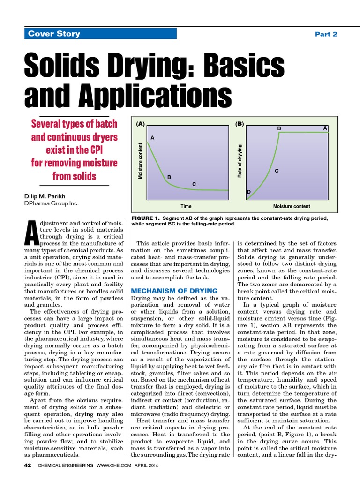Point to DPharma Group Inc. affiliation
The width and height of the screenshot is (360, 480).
(x=51, y=203)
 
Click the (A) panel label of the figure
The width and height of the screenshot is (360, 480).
(x=140, y=124)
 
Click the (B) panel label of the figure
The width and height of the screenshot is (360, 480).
(x=240, y=124)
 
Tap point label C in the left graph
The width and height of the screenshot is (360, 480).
(x=194, y=185)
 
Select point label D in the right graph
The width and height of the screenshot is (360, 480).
(x=249, y=192)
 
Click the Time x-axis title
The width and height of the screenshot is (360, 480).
(x=186, y=206)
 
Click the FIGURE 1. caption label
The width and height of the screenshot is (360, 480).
(x=146, y=218)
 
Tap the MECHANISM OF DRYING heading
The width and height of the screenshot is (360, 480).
(x=174, y=291)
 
